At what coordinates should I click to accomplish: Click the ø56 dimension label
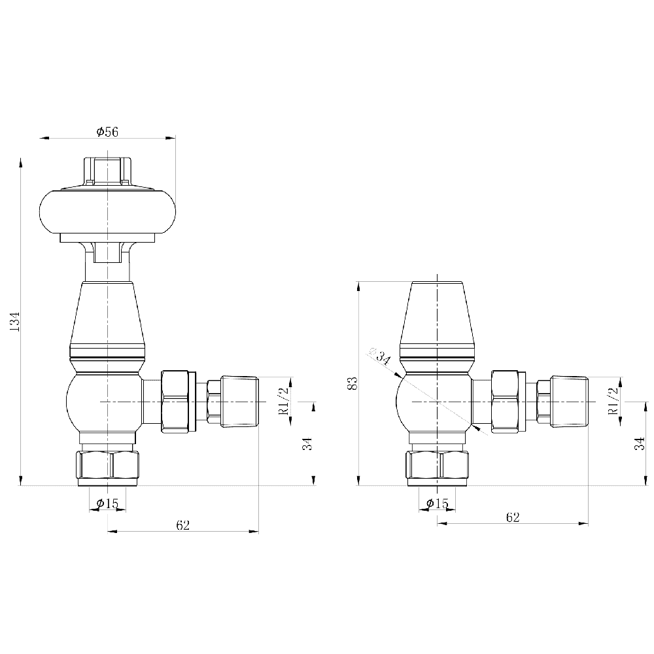107,131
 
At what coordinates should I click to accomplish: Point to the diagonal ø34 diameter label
380,357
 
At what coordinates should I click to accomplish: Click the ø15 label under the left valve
107,503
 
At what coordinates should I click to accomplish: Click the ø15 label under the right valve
437,503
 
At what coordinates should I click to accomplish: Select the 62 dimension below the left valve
182,525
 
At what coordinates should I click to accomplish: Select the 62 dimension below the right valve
513,517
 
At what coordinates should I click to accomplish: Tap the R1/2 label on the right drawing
613,400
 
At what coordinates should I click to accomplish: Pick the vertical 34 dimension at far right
640,443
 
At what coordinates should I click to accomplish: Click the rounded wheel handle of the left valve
107,211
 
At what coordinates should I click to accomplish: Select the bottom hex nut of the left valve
108,466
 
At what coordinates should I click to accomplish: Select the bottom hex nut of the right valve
437,466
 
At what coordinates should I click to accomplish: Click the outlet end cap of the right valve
569,401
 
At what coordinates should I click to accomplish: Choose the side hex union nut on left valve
177,401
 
